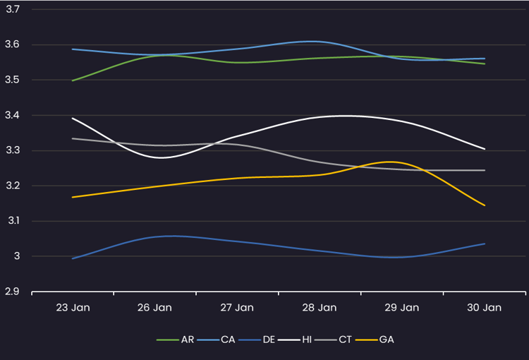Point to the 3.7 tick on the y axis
[x=13, y=9]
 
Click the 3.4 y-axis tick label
[x=13, y=115]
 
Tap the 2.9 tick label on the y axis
[x=13, y=292]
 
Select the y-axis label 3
[x=17, y=256]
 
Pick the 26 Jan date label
[x=154, y=308]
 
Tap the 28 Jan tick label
[x=319, y=308]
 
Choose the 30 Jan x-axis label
[x=484, y=308]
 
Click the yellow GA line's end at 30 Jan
[x=485, y=205]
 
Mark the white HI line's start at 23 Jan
[x=72, y=118]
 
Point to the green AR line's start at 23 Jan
[x=72, y=80]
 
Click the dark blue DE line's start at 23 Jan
[x=72, y=258]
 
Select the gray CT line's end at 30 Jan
[x=485, y=170]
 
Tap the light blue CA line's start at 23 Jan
[x=72, y=49]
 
